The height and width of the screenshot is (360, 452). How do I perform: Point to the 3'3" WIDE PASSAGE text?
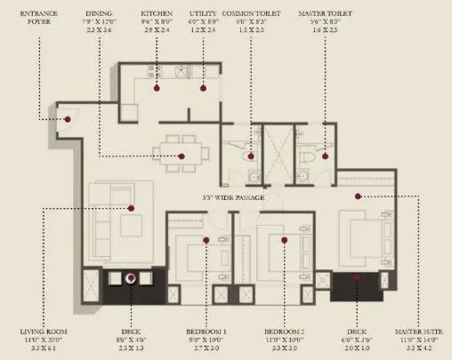tap(233, 196)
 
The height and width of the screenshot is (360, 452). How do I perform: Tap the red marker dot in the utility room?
tap(203, 87)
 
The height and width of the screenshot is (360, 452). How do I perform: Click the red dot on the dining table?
tap(182, 156)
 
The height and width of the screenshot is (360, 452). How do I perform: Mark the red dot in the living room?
tap(131, 208)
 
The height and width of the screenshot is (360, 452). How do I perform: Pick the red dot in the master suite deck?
tap(357, 277)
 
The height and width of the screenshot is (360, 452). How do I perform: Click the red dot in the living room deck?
tap(131, 278)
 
